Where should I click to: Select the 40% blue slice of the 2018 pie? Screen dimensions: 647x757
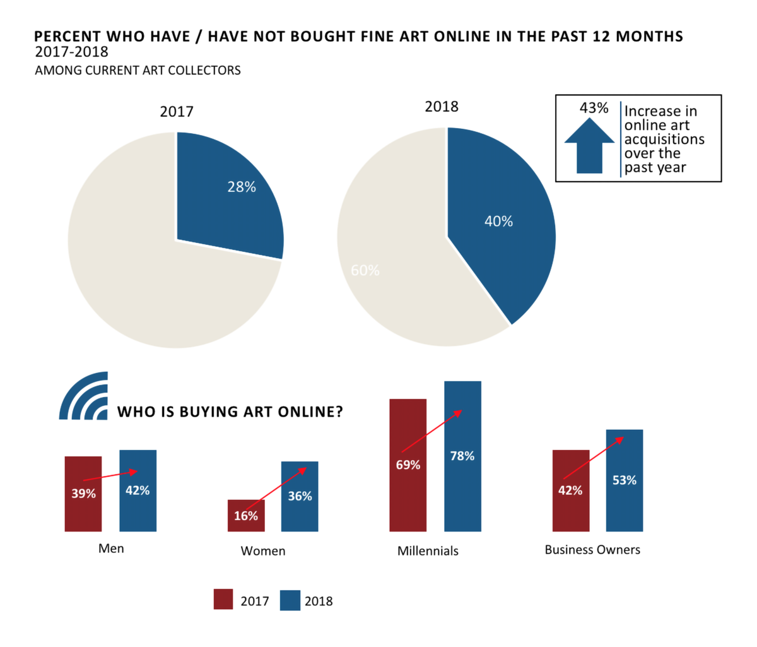(x=498, y=227)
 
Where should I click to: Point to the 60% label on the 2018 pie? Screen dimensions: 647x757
(x=365, y=270)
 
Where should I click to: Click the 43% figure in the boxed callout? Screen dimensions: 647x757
(x=594, y=108)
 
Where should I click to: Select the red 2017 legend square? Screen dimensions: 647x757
(x=223, y=600)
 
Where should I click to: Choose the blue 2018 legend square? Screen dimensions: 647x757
(x=290, y=600)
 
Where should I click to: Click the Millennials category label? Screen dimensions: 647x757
(x=428, y=551)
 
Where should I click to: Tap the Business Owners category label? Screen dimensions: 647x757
(x=592, y=550)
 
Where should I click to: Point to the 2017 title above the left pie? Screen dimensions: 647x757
(x=177, y=112)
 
